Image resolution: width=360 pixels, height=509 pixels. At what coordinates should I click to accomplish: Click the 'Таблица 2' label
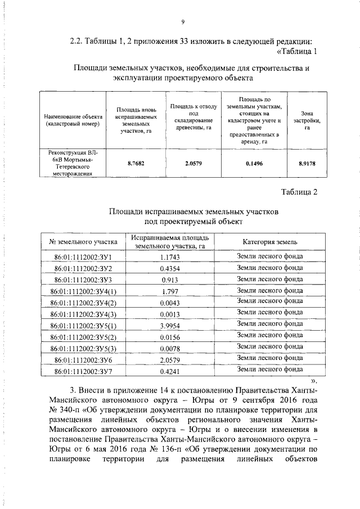pyautogui.click(x=299, y=192)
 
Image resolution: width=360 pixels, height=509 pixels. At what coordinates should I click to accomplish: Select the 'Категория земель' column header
pyautogui.click(x=270, y=242)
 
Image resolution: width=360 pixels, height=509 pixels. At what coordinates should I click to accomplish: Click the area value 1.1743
pyautogui.click(x=170, y=257)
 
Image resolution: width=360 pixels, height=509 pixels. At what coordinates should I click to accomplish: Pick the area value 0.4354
pyautogui.click(x=170, y=268)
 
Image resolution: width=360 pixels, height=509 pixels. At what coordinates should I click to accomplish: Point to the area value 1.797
pyautogui.click(x=170, y=291)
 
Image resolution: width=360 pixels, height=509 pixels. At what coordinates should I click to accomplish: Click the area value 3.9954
pyautogui.click(x=170, y=326)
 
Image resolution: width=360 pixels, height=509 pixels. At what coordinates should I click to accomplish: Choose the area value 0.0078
pyautogui.click(x=170, y=348)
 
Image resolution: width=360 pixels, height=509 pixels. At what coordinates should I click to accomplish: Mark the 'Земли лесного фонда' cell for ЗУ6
pyautogui.click(x=270, y=358)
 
